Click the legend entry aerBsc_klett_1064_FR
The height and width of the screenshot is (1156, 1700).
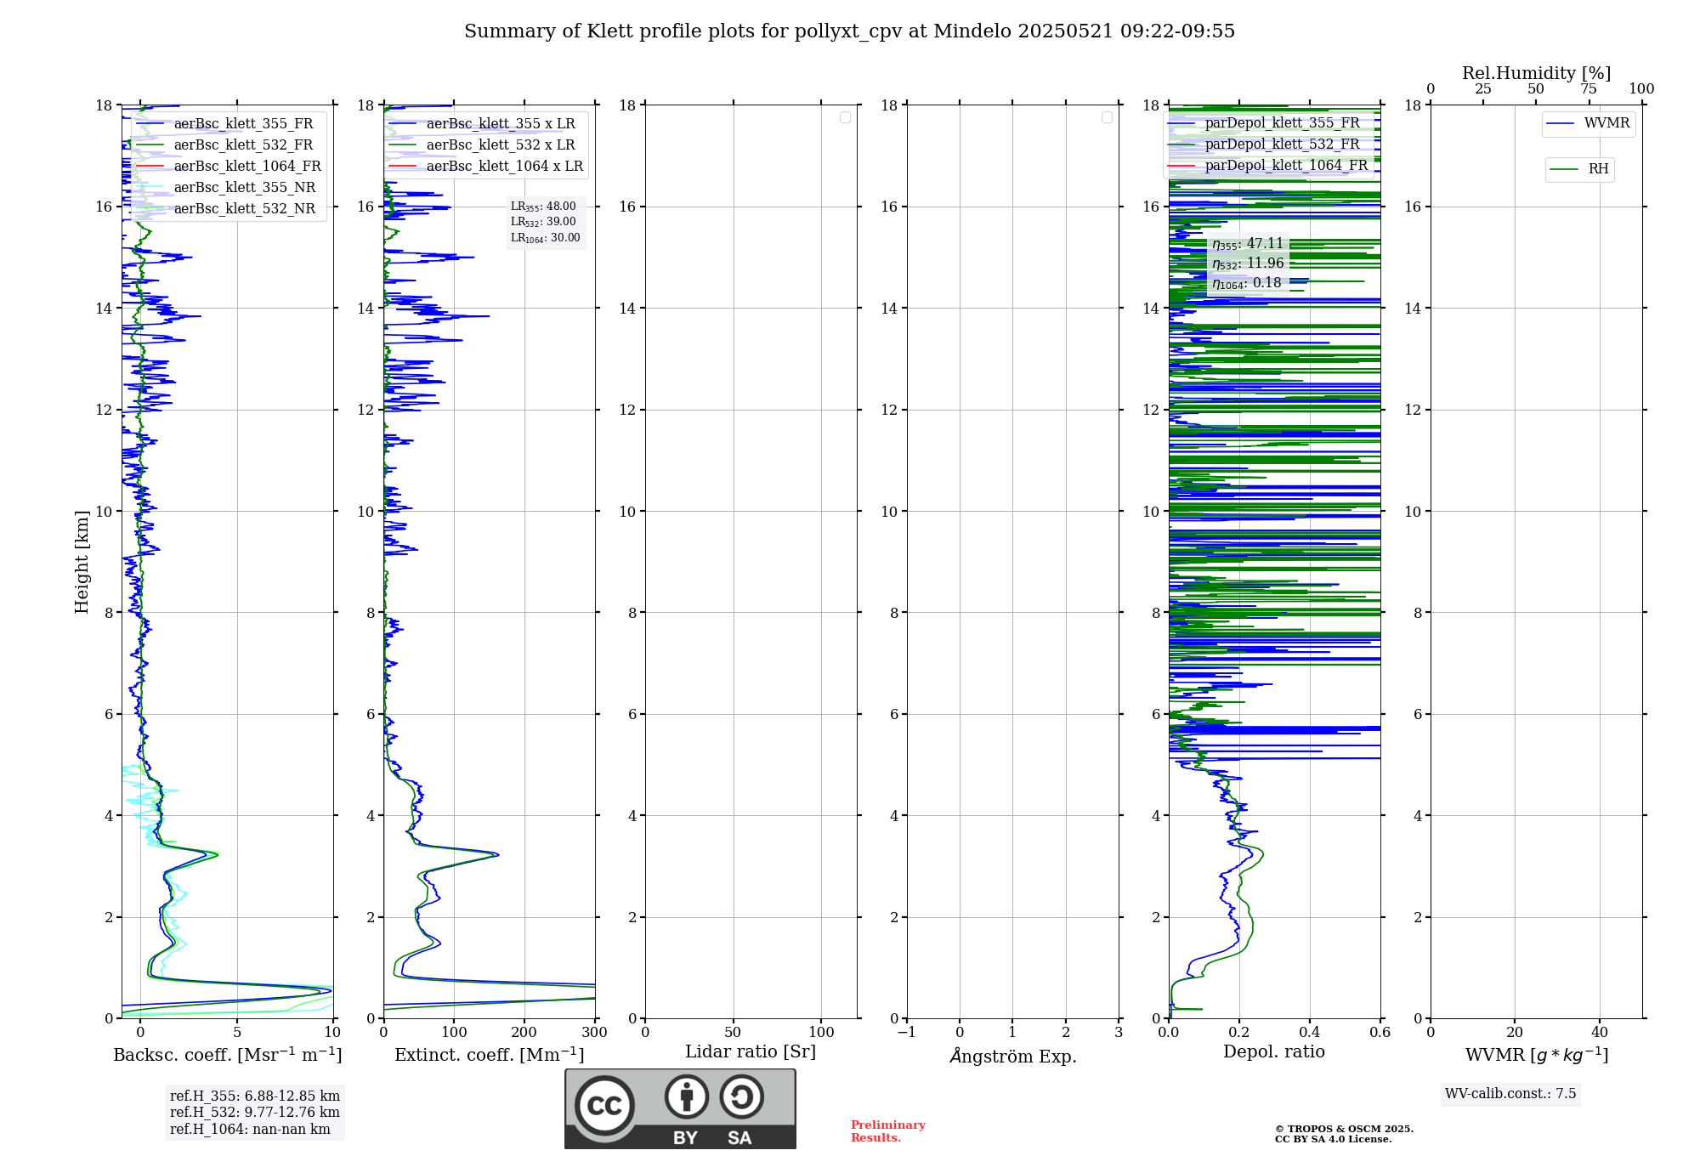click(246, 166)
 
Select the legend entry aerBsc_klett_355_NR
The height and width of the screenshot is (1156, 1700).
click(244, 187)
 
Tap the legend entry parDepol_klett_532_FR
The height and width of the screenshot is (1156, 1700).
click(1282, 144)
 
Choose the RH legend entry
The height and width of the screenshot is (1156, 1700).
click(1598, 169)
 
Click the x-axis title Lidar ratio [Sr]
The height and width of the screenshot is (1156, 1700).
click(751, 1051)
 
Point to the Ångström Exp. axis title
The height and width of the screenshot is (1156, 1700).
click(1013, 1056)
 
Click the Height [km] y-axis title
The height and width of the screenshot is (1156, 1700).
click(82, 562)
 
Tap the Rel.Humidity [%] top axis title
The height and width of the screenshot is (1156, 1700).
click(1536, 73)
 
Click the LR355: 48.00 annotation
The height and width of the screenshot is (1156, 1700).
click(543, 207)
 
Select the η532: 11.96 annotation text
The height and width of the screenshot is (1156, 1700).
click(1248, 263)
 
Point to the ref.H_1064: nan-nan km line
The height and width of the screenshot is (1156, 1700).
click(250, 1129)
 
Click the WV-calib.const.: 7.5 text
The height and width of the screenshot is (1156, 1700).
click(1510, 1093)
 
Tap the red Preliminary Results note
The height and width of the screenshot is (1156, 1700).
click(887, 1130)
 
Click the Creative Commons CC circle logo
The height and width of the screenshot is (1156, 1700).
click(604, 1106)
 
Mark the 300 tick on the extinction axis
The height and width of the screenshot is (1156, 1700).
click(595, 1032)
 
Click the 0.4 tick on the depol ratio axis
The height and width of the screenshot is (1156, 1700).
click(1310, 1032)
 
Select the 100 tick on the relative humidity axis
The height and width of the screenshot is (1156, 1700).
click(1641, 88)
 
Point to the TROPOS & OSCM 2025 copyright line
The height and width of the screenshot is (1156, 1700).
click(1344, 1129)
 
